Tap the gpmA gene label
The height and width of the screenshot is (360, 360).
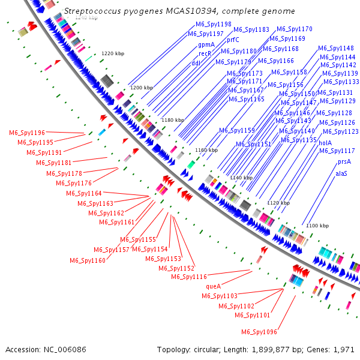click(x=206, y=44)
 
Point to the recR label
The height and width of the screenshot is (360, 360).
click(x=205, y=53)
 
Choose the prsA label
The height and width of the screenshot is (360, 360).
click(x=344, y=162)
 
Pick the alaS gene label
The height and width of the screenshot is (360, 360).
click(x=342, y=173)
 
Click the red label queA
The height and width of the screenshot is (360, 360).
click(x=214, y=286)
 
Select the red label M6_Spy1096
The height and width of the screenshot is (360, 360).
click(x=259, y=332)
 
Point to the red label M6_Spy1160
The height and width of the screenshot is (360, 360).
click(x=88, y=260)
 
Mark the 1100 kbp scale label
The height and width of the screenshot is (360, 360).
click(x=317, y=226)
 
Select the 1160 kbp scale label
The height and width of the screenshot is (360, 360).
click(x=206, y=149)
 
